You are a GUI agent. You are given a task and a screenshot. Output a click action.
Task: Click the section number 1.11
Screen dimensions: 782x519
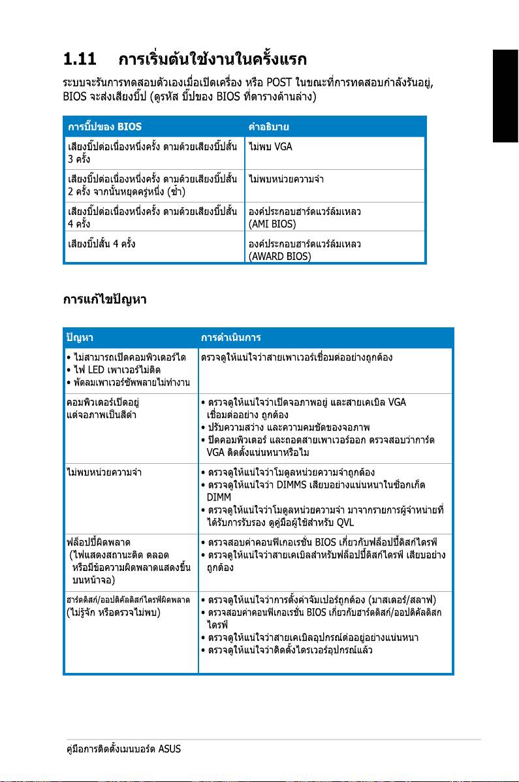[79, 61]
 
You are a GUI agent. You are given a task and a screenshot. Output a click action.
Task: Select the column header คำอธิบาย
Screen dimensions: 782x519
[269, 126]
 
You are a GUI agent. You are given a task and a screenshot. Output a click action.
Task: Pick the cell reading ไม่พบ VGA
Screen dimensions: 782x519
[270, 146]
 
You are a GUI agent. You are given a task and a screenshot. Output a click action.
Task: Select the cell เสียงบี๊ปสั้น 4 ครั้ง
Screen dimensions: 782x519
[102, 244]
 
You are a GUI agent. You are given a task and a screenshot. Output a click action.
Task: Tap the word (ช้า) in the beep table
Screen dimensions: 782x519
[176, 191]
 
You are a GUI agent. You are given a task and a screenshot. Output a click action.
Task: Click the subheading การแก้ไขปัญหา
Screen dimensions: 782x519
[104, 300]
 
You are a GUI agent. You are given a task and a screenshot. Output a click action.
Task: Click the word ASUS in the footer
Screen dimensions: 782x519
[170, 749]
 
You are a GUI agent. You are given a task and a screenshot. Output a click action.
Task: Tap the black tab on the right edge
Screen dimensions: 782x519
[505, 98]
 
